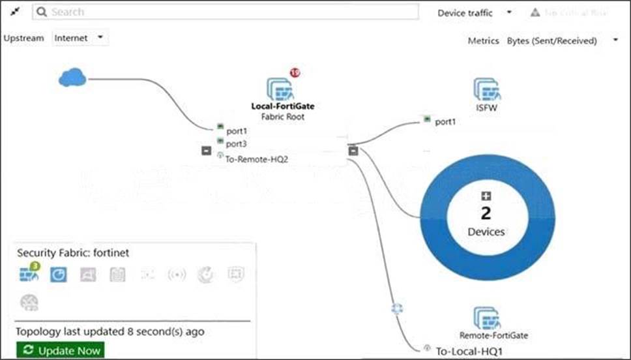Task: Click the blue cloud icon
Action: [x=72, y=79]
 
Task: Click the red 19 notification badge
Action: [x=295, y=73]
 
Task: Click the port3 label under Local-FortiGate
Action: [x=236, y=143]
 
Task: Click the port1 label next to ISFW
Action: [x=445, y=121]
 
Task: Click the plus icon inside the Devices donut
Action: [x=486, y=196]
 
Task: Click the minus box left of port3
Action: [x=206, y=151]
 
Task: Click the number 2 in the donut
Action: [x=486, y=213]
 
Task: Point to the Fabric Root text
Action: [x=282, y=117]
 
